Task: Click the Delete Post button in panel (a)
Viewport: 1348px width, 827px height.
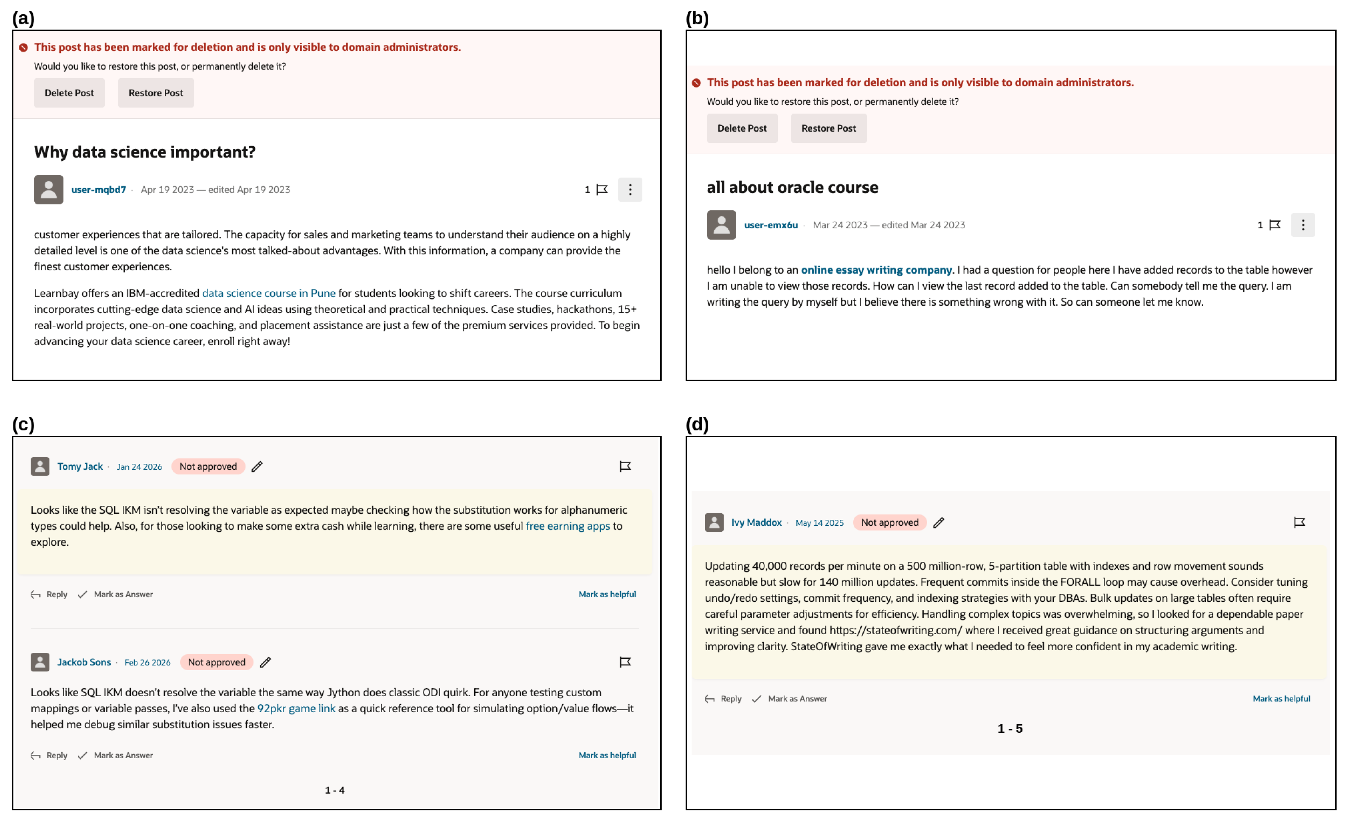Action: pyautogui.click(x=69, y=93)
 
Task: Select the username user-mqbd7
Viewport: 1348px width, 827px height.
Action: pyautogui.click(x=99, y=190)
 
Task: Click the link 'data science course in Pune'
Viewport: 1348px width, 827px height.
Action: pyautogui.click(x=269, y=293)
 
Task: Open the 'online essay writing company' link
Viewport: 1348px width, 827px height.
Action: pyautogui.click(x=876, y=270)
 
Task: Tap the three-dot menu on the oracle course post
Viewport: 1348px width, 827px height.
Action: pyautogui.click(x=1303, y=225)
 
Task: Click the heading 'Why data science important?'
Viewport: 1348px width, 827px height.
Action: pyautogui.click(x=144, y=152)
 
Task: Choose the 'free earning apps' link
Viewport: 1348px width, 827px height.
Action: pyautogui.click(x=567, y=526)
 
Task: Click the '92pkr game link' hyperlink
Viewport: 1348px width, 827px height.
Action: pyautogui.click(x=296, y=708)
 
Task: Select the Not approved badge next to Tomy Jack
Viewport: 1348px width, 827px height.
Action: pyautogui.click(x=208, y=467)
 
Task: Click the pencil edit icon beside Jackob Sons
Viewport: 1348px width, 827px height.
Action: pyautogui.click(x=265, y=662)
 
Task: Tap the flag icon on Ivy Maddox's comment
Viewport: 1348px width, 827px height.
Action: pyautogui.click(x=1299, y=522)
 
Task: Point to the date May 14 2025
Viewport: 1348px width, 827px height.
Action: pyautogui.click(x=819, y=523)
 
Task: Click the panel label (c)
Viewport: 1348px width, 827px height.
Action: pyautogui.click(x=24, y=424)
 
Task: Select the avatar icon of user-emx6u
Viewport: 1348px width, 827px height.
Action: pyautogui.click(x=721, y=225)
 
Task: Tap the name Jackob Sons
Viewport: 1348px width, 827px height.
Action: pyautogui.click(x=84, y=662)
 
